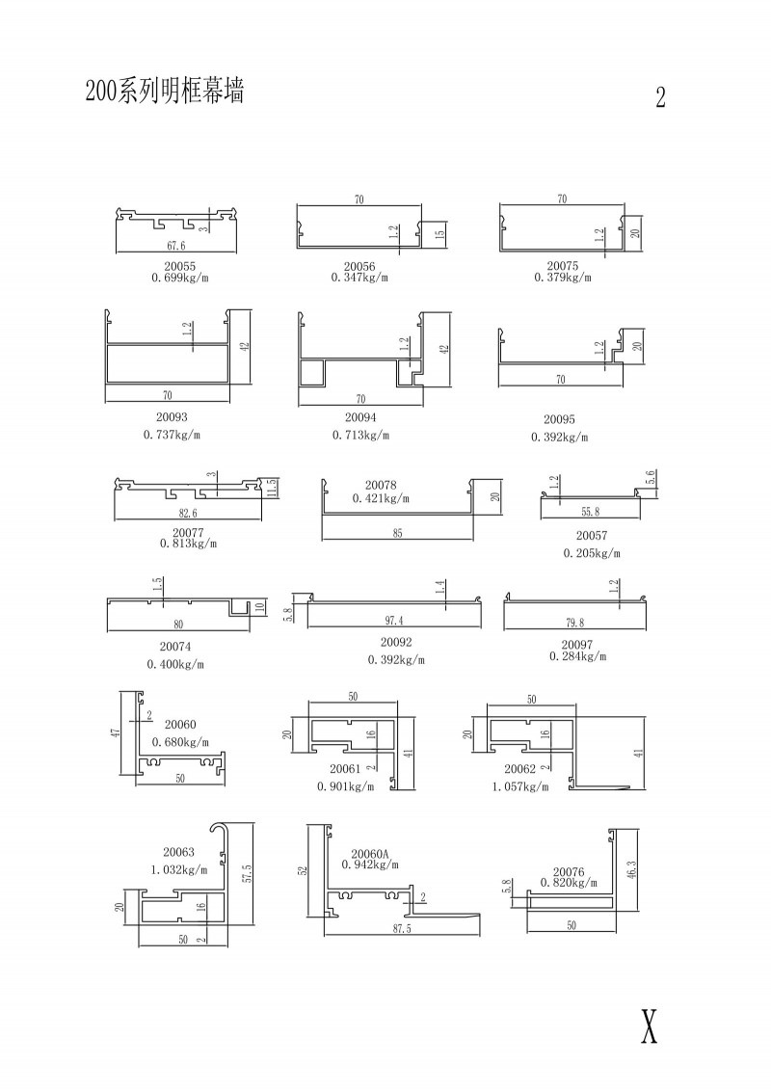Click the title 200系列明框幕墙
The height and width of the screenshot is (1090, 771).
pos(164,92)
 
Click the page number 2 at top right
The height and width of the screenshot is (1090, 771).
pos(660,97)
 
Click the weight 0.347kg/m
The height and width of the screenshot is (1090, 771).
pos(359,278)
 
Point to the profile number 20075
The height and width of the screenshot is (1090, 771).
pos(562,267)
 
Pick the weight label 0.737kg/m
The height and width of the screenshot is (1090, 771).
pos(172,435)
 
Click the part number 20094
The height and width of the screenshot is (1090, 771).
pos(360,418)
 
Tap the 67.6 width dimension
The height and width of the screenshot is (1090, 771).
pos(175,246)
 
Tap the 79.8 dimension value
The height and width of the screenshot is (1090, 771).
pos(573,621)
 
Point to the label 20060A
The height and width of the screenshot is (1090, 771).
pos(370,854)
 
